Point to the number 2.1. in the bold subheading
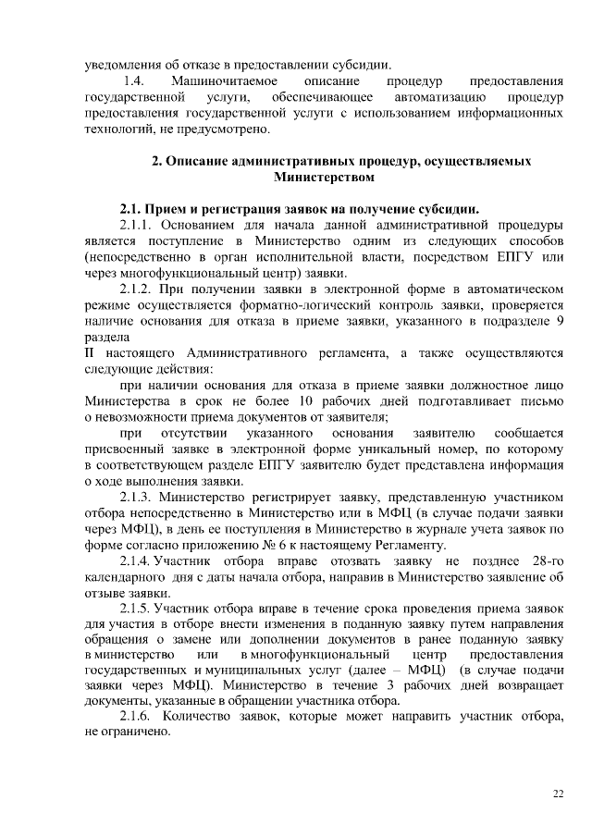point(132,207)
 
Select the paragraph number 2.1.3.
point(140,497)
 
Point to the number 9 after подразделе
point(559,321)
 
